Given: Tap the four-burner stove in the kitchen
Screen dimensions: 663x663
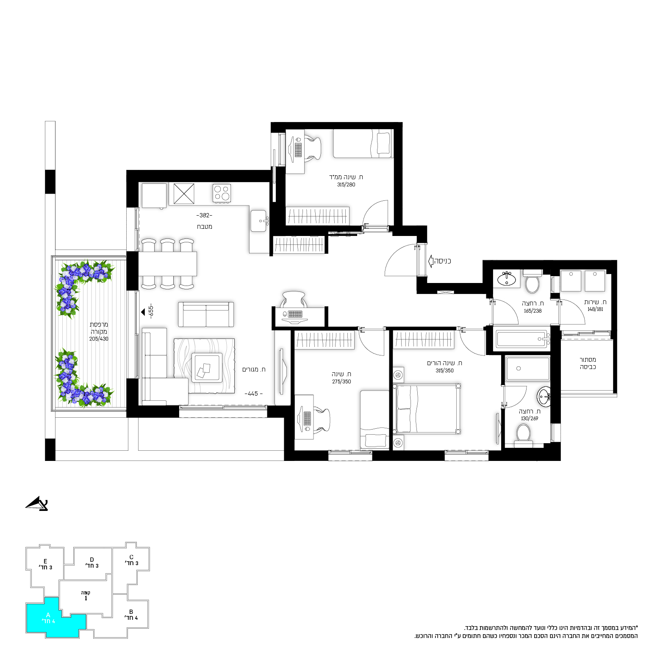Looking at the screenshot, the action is click(222, 194).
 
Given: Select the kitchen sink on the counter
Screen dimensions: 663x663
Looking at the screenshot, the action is click(259, 221).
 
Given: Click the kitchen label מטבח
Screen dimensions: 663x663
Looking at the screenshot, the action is click(205, 227).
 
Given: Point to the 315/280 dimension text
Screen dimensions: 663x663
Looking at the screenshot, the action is click(346, 185).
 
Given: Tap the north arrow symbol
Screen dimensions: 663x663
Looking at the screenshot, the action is click(37, 503).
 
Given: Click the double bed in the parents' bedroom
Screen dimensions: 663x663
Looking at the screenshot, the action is click(427, 409).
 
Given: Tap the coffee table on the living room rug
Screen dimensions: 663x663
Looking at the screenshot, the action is click(206, 367).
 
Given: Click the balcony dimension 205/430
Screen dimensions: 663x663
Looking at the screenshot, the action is click(99, 339).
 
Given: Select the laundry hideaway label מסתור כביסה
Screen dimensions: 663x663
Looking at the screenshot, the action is click(588, 363).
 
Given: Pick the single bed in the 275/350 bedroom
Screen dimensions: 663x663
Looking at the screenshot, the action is click(374, 419).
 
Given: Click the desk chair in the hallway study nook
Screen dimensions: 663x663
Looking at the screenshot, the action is click(293, 299).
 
